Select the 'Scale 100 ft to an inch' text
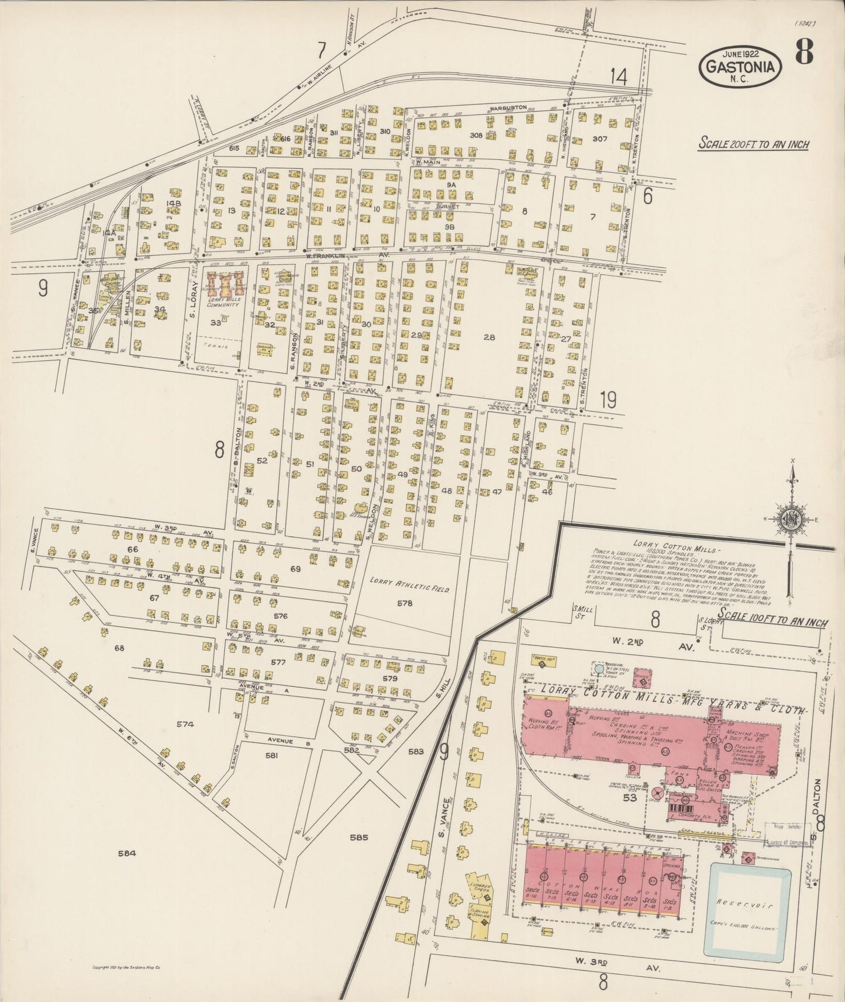click(x=772, y=616)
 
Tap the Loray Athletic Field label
click(x=409, y=585)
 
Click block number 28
click(x=489, y=337)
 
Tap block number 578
click(x=404, y=603)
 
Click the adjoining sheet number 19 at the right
click(x=608, y=400)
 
